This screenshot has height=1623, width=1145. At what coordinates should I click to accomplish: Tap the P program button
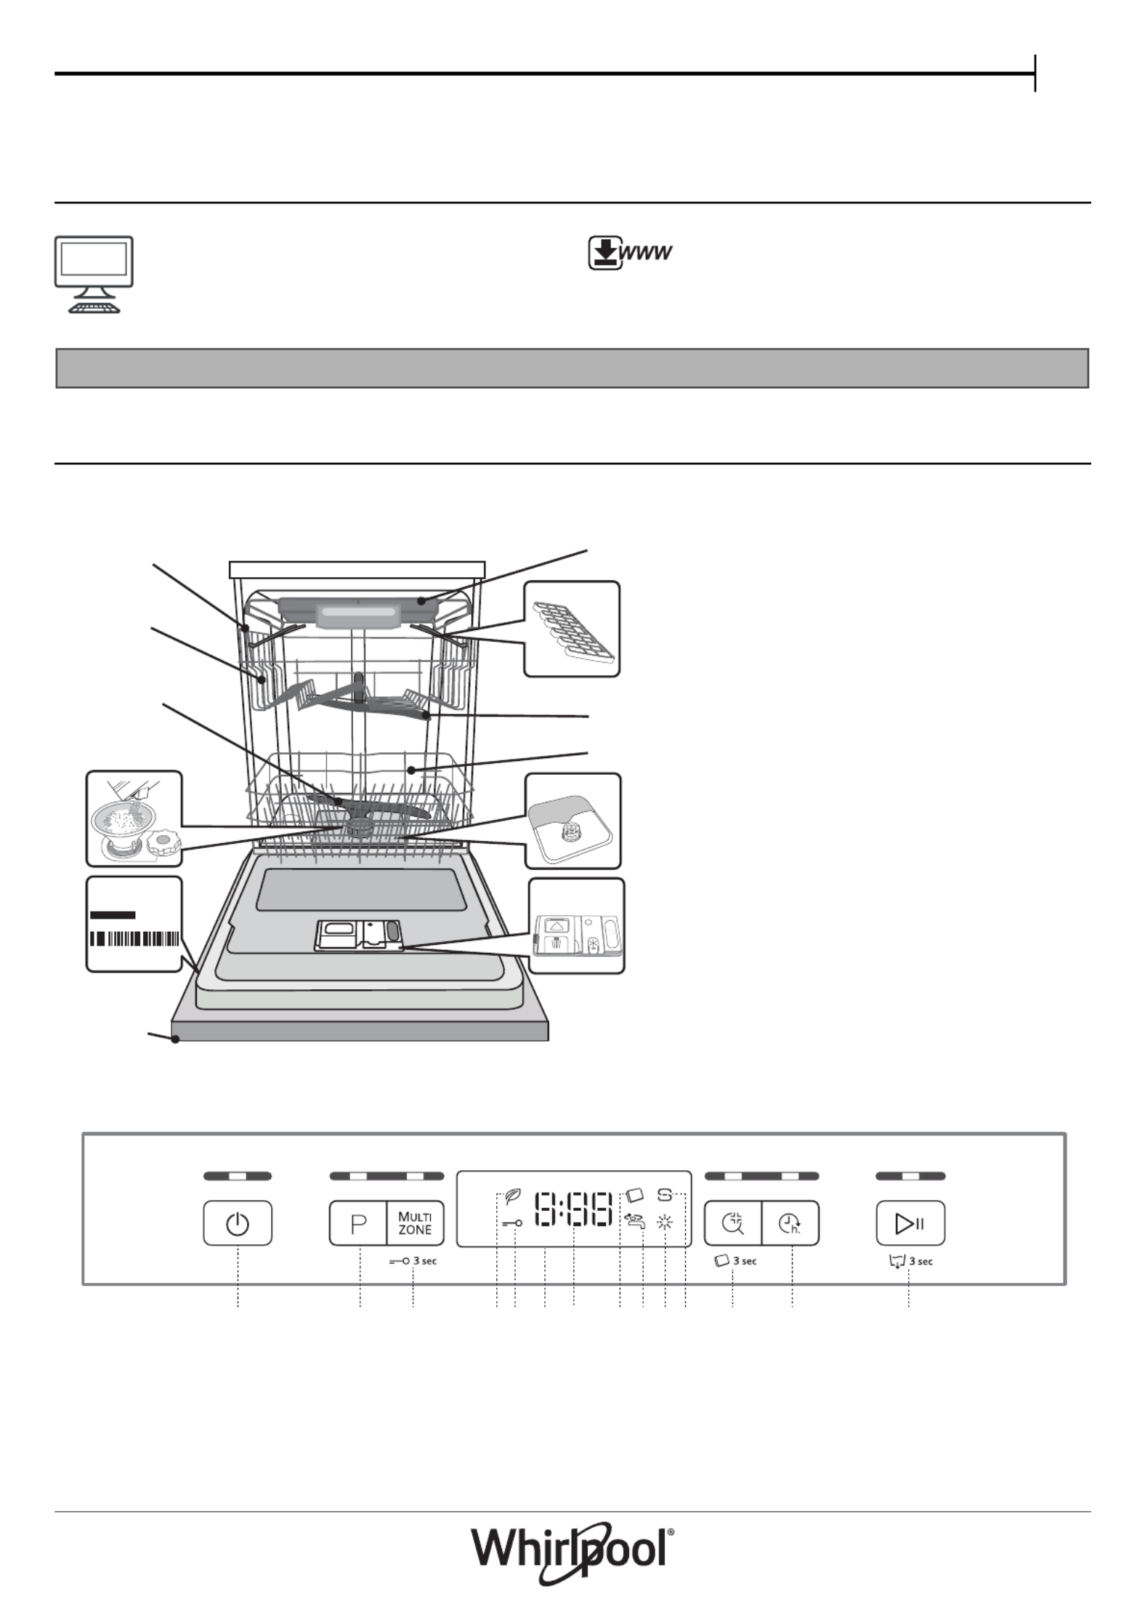(x=358, y=1223)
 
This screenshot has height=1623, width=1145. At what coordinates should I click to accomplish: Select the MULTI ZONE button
(x=415, y=1223)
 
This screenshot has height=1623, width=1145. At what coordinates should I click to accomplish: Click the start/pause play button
(x=910, y=1223)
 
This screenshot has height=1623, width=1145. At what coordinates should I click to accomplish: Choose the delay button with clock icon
(x=790, y=1223)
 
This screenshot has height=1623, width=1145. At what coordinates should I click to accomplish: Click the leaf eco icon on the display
(x=513, y=1196)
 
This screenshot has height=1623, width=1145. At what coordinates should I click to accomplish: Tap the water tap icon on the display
(x=634, y=1221)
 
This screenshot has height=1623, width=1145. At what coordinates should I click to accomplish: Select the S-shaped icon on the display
(x=665, y=1194)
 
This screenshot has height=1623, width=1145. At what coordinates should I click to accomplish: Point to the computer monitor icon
(x=94, y=274)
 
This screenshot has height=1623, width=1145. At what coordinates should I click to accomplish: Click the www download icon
(x=630, y=252)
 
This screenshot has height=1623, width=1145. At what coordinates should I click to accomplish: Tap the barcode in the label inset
(x=134, y=938)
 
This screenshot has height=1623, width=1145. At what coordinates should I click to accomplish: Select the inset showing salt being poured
(x=134, y=818)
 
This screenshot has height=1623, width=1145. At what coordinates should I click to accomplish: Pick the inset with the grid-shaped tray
(x=572, y=629)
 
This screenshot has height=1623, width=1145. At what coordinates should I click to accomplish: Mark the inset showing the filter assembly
(x=573, y=821)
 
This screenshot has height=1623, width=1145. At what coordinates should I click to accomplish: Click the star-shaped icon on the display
(x=665, y=1223)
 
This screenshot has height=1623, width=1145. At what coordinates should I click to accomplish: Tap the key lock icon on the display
(x=512, y=1223)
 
